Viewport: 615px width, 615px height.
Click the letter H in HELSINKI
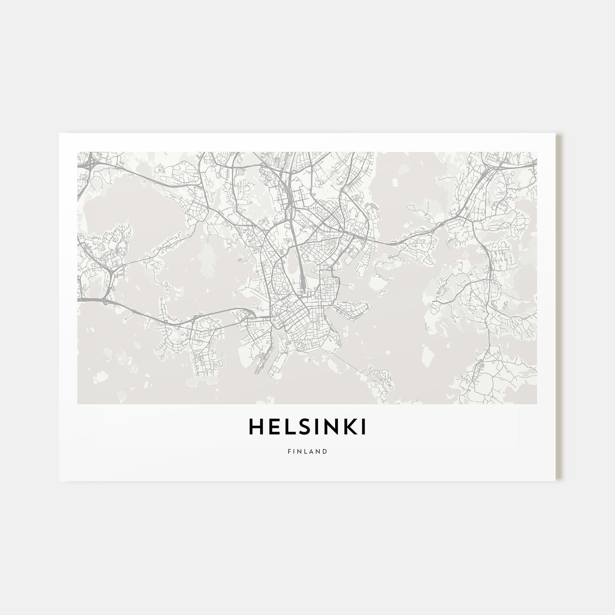(257, 428)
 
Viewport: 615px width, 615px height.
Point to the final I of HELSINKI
(363, 428)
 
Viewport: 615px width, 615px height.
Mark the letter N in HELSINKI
(329, 428)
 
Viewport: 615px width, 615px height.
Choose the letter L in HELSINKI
(283, 428)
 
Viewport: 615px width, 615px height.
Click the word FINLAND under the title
(307, 451)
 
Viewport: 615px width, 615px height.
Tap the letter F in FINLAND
(289, 451)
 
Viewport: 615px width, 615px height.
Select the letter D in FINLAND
(325, 451)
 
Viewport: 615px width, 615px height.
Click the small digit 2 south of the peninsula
(309, 360)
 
